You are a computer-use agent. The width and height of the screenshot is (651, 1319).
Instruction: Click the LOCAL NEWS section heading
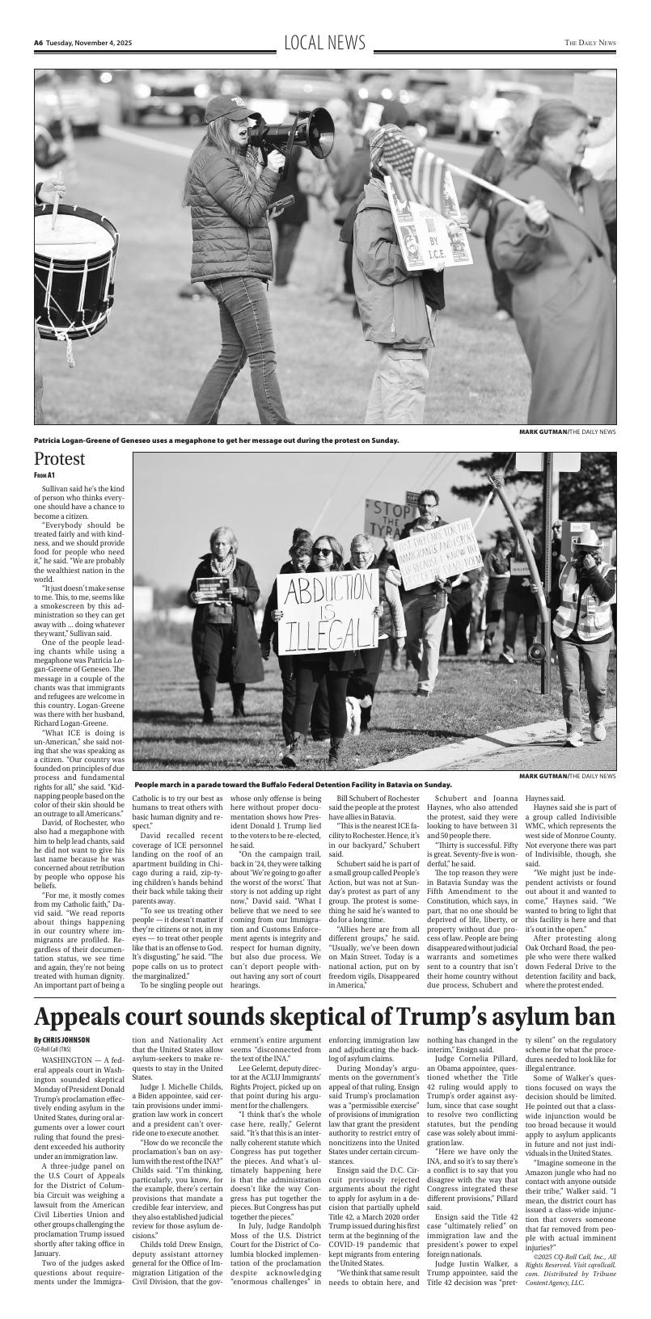click(x=325, y=43)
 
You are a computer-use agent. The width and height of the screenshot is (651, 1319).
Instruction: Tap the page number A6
click(x=38, y=43)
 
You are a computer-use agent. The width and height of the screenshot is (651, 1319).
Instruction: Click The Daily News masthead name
click(x=590, y=43)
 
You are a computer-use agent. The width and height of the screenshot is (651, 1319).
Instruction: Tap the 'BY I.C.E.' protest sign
click(x=429, y=226)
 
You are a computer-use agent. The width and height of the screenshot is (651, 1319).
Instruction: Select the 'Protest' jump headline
click(x=59, y=460)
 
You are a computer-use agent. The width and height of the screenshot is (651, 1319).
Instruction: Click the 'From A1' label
click(x=44, y=475)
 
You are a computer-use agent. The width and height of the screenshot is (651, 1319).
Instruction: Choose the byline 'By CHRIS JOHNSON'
click(x=61, y=1039)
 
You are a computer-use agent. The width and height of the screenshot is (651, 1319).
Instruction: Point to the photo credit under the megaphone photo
click(x=567, y=432)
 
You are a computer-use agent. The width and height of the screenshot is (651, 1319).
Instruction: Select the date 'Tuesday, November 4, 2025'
click(x=89, y=43)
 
